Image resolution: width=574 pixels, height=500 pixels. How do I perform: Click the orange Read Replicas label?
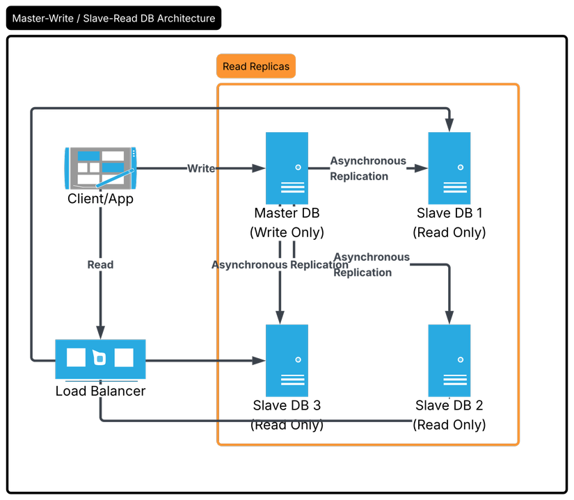pos(256,67)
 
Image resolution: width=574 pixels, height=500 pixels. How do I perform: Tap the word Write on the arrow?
pos(201,168)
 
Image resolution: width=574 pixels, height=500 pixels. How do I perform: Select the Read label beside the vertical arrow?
pos(100,265)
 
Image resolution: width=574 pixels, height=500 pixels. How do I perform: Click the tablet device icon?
pos(101,168)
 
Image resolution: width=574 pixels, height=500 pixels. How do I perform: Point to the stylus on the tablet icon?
pos(115,177)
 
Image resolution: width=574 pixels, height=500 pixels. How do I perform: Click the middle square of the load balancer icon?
pos(100,358)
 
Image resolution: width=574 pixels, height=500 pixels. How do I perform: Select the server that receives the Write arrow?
pos(287,168)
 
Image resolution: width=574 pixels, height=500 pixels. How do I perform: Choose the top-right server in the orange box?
pos(449,168)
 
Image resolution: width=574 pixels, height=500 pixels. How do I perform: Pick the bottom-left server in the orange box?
pos(287,360)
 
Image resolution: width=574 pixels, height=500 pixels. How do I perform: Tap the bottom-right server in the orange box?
pos(449,360)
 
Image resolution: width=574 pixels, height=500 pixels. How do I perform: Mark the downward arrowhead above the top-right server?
pos(449,125)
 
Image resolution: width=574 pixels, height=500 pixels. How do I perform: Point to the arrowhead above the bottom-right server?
pos(449,318)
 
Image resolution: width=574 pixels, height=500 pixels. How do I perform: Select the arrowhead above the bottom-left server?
pos(280,318)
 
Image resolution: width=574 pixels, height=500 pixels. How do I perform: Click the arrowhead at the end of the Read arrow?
pos(101,332)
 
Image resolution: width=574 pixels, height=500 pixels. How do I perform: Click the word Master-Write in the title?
pos(43,18)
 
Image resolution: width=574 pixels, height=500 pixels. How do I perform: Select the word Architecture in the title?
pos(186,18)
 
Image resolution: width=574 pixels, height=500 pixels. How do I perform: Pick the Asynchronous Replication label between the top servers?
pos(368,168)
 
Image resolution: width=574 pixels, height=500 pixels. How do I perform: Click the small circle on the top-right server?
pos(460,167)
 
